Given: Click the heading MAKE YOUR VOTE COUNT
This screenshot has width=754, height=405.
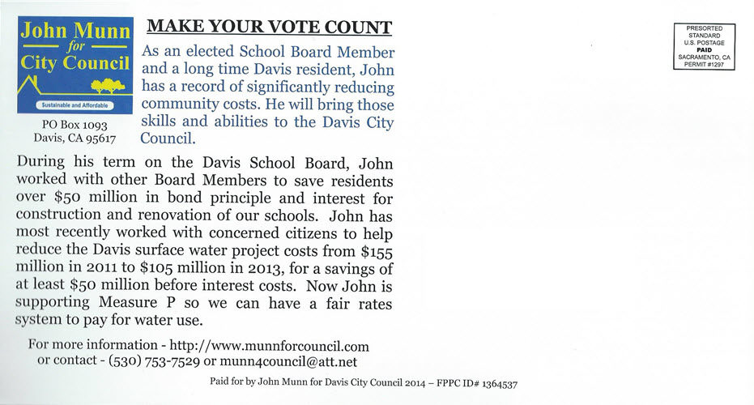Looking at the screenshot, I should [269, 27].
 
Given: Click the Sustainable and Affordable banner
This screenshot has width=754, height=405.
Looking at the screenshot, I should [75, 106].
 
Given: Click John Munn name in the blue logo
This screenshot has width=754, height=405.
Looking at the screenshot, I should [75, 32].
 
